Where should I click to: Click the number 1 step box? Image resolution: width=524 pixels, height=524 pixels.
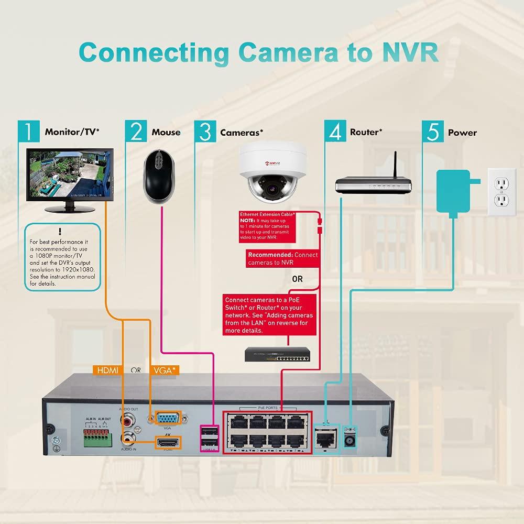28,132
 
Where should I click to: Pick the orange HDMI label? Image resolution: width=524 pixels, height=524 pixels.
108,370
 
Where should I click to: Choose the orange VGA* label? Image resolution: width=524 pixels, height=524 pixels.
165,370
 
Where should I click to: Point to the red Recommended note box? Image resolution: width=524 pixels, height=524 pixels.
282,259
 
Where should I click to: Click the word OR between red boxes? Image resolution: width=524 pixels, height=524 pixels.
298,279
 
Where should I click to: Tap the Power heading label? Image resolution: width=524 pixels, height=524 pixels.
462,133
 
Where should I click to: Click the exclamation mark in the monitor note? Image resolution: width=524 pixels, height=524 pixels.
61,231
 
